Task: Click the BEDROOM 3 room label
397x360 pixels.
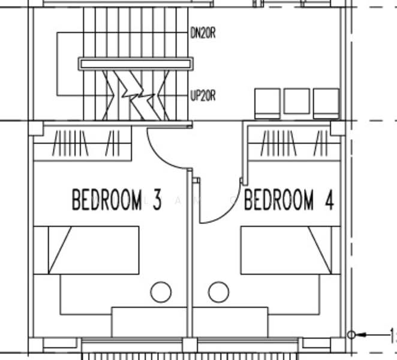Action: [x=116, y=200]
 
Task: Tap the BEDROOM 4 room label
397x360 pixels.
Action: [x=288, y=200]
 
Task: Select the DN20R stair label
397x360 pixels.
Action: [x=203, y=34]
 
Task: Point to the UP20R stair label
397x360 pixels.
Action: [x=203, y=95]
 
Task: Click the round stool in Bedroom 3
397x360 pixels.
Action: [x=161, y=292]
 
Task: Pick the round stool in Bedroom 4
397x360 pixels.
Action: [x=218, y=292]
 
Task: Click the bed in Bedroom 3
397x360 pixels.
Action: [x=86, y=250]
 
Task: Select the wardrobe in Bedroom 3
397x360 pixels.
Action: [x=82, y=145]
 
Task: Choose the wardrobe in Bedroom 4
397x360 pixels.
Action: [x=294, y=145]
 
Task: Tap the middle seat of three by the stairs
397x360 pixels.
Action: [x=296, y=103]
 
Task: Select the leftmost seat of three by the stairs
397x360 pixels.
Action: [x=267, y=103]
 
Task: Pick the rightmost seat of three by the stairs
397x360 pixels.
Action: [x=326, y=103]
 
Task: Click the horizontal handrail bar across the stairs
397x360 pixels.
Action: [x=136, y=63]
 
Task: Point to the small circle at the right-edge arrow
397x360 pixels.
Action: [x=351, y=334]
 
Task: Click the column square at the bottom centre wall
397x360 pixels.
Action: [x=190, y=345]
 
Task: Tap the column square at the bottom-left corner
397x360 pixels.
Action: [x=36, y=344]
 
